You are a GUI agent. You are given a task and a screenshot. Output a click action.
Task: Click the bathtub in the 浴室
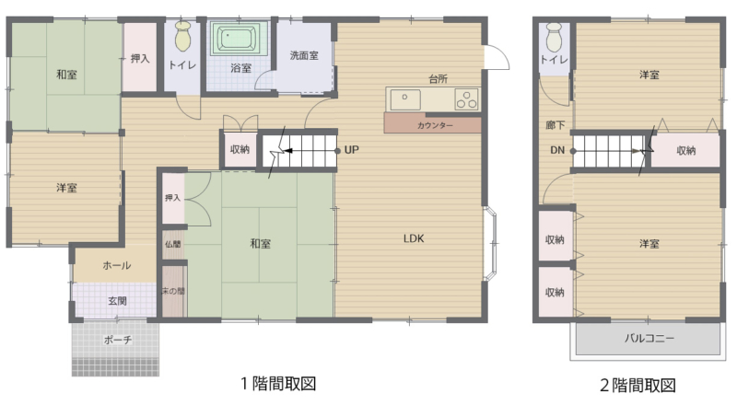(237, 38)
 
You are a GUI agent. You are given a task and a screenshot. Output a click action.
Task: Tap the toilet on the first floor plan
(183, 36)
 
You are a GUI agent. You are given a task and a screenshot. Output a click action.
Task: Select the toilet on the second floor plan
(555, 37)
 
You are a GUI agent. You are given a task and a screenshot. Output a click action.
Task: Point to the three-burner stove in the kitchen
(466, 99)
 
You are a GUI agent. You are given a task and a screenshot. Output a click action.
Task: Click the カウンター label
(435, 125)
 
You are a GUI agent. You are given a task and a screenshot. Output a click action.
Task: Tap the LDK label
(414, 238)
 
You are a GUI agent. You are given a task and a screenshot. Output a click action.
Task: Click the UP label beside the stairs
(352, 150)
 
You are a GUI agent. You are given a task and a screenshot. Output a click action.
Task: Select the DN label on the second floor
(557, 150)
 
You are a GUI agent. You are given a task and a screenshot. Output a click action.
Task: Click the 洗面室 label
(304, 55)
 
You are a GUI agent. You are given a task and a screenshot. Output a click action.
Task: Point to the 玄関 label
(118, 301)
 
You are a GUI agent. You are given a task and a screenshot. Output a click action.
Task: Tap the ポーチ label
(118, 340)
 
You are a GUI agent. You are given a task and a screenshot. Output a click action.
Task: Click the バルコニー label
(649, 338)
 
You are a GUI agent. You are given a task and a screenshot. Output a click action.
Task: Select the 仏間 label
(173, 244)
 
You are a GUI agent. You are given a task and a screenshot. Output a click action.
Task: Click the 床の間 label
(173, 291)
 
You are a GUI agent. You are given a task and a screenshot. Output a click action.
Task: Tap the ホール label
(117, 265)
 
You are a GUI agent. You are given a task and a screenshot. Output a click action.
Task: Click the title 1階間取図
(278, 384)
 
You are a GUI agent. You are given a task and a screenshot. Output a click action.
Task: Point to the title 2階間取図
(638, 386)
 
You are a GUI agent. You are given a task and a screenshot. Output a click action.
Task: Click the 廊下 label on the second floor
(556, 125)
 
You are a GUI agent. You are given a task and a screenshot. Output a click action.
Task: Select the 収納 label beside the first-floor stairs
(240, 149)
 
